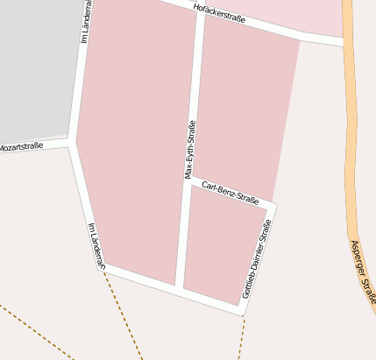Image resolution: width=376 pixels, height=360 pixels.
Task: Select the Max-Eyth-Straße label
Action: pos(190,149)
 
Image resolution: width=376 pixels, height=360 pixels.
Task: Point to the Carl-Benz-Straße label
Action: pos(231,193)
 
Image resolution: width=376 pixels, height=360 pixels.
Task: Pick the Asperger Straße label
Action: pos(364,273)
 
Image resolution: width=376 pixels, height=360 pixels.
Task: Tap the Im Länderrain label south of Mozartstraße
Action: pos(96,244)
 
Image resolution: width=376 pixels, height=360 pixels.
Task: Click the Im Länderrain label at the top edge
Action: pos(85,22)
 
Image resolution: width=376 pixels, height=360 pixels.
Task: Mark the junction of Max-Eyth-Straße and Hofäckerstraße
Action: pos(201,11)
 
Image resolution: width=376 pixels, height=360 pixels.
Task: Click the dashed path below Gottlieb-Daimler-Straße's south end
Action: pos(242,337)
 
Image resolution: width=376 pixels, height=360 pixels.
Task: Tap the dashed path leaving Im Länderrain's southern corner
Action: pos(123,315)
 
